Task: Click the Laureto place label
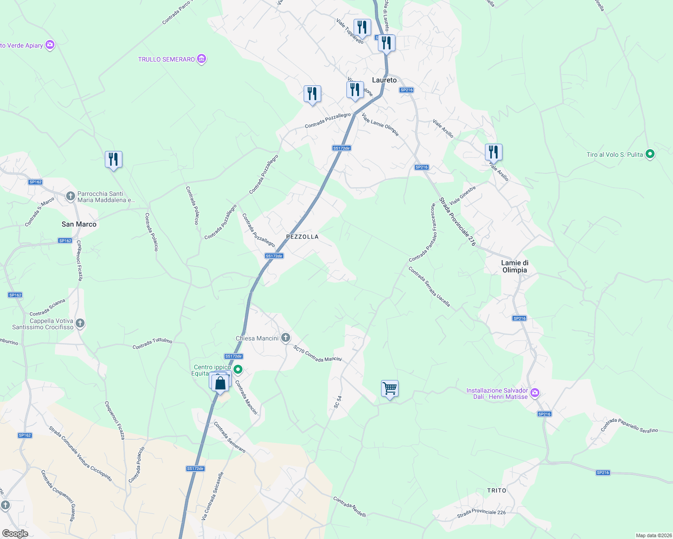(384, 80)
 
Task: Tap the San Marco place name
(79, 224)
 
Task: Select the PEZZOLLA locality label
(302, 237)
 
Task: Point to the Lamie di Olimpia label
(515, 266)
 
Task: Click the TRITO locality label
(497, 490)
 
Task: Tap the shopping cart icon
(390, 389)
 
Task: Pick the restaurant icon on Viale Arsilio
(494, 152)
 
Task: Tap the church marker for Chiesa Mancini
(285, 338)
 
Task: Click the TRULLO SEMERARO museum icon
(202, 59)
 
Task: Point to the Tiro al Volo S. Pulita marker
(650, 154)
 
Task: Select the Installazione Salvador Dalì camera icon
(534, 393)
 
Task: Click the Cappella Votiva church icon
(80, 323)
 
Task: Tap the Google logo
(15, 533)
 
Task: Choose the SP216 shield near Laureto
(406, 90)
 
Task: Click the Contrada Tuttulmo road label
(152, 344)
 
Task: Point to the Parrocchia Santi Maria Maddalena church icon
(70, 196)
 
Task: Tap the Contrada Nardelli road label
(350, 507)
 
